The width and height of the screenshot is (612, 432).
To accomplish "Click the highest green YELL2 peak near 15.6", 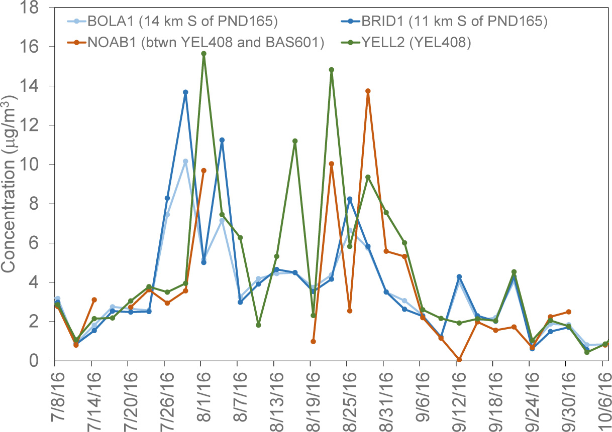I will click(203, 54).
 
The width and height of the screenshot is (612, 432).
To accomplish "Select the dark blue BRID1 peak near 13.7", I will click(185, 92).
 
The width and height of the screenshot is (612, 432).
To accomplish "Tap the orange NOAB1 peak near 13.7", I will click(368, 91).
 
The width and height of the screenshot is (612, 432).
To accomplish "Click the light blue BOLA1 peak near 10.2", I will click(185, 162).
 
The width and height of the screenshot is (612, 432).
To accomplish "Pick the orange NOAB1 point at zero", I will click(459, 360).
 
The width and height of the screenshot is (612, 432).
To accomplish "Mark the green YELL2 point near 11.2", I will click(295, 141).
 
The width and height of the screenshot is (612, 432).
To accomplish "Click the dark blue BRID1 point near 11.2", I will click(222, 140).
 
